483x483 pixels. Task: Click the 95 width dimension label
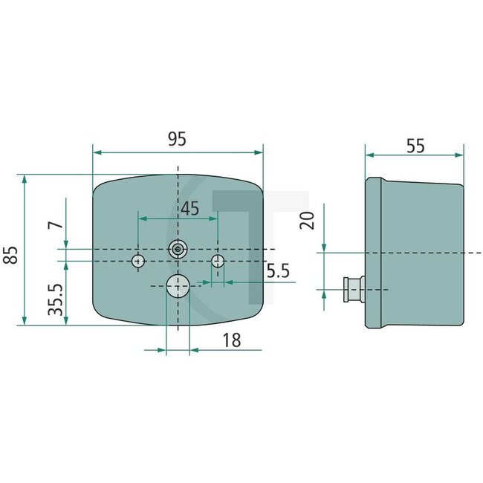pyautogui.click(x=176, y=139)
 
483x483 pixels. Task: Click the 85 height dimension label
pyautogui.click(x=10, y=256)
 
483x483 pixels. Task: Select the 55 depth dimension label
pyautogui.click(x=415, y=146)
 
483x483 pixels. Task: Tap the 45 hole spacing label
pyautogui.click(x=189, y=209)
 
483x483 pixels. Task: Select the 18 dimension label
pyautogui.click(x=232, y=340)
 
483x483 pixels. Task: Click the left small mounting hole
pyautogui.click(x=138, y=261)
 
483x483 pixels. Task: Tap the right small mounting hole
pyautogui.click(x=218, y=261)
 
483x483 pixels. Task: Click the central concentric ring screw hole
pyautogui.click(x=178, y=250)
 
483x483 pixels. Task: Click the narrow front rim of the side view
pyautogui.click(x=374, y=253)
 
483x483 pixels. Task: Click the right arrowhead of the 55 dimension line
pyautogui.click(x=462, y=155)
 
